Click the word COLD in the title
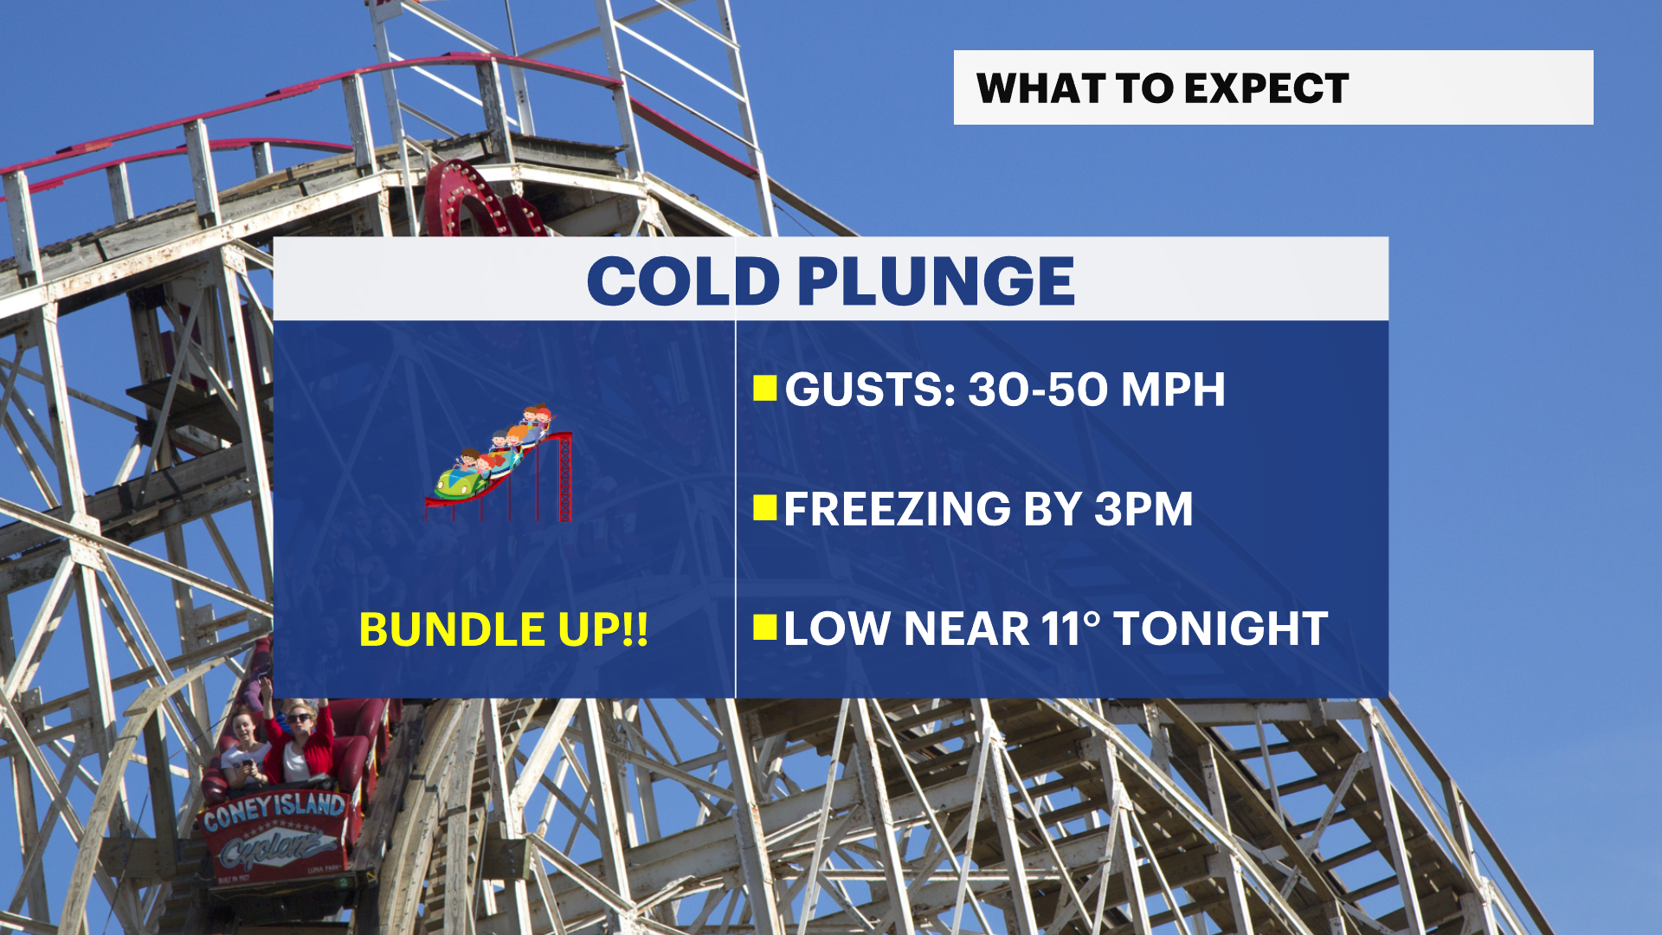(683, 281)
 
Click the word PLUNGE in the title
(936, 281)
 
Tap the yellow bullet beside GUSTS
(765, 389)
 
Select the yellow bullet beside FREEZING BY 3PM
(765, 508)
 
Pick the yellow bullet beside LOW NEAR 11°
(765, 628)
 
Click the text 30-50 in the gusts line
(1038, 390)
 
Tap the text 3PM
(1143, 509)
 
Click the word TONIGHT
(1221, 629)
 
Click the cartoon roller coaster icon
(499, 463)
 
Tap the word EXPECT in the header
(1266, 88)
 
